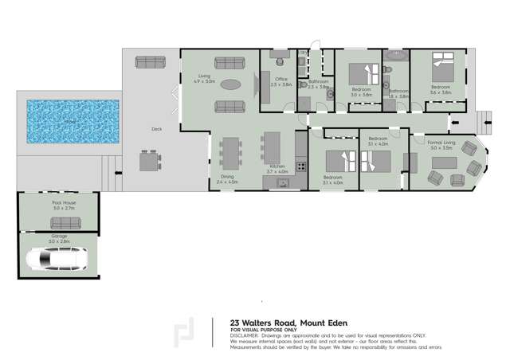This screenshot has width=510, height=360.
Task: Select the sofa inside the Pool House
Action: [x=57, y=225]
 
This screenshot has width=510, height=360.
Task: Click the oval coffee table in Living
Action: [x=229, y=84]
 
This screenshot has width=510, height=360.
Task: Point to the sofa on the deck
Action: [x=150, y=61]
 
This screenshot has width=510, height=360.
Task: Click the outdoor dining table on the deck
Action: [x=150, y=162]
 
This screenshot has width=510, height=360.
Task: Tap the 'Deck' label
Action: [x=156, y=129]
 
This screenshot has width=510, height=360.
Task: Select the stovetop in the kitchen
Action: [x=300, y=166]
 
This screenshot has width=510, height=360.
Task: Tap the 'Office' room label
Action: [x=281, y=79]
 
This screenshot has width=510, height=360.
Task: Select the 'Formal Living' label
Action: [x=441, y=142]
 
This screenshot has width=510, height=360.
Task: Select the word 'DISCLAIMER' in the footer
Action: [x=245, y=335]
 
